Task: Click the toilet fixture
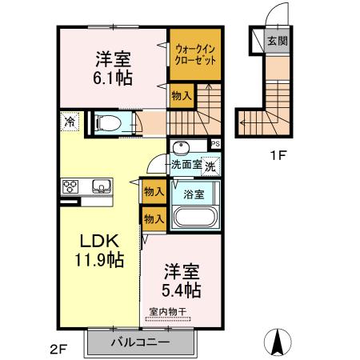click(107, 123)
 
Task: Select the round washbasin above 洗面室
click(181, 147)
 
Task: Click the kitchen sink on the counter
click(102, 186)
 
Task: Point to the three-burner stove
click(70, 186)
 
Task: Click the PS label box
click(215, 144)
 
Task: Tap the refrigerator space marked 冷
click(70, 122)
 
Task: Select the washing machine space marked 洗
click(210, 166)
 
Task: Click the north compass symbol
click(278, 342)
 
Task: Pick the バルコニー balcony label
click(140, 342)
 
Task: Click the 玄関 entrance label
click(278, 41)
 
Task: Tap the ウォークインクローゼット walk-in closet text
click(195, 54)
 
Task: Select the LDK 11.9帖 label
click(99, 250)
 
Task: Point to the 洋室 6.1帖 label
click(113, 68)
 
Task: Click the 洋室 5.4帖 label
click(182, 281)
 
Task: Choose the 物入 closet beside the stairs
click(182, 96)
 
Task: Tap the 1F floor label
click(278, 155)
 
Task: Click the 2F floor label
click(58, 349)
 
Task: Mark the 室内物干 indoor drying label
click(168, 311)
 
